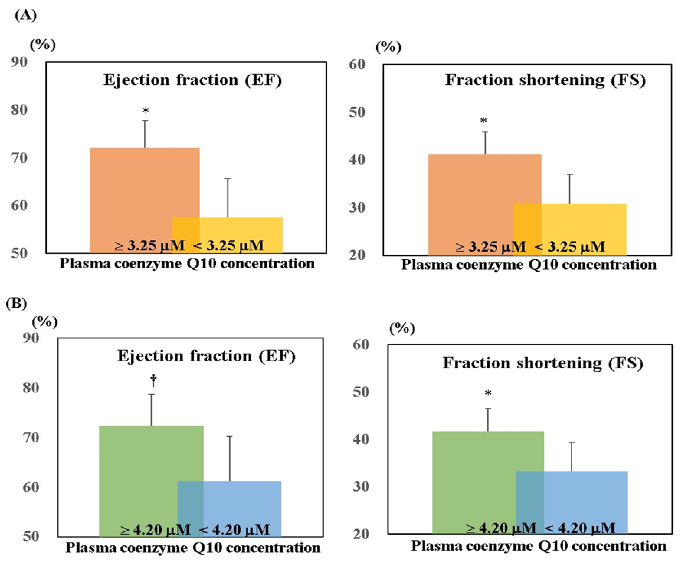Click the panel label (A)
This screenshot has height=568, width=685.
point(26,15)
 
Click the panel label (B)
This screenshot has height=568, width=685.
point(16,303)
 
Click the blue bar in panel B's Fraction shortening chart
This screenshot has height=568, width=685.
point(587,496)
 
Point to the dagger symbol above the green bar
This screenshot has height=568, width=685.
point(153,380)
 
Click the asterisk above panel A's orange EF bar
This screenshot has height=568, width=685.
point(146,111)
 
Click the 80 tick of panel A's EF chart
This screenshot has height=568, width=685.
point(19,110)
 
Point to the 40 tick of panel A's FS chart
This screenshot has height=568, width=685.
point(357,160)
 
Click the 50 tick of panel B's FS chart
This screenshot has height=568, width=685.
point(361,392)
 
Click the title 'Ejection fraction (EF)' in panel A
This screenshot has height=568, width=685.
point(193,80)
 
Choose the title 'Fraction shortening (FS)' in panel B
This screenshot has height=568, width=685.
point(543,363)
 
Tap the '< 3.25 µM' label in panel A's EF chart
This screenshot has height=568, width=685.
point(228,246)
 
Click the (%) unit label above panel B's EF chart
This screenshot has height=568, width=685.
point(45,322)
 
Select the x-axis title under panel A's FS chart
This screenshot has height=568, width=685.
point(528,265)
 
